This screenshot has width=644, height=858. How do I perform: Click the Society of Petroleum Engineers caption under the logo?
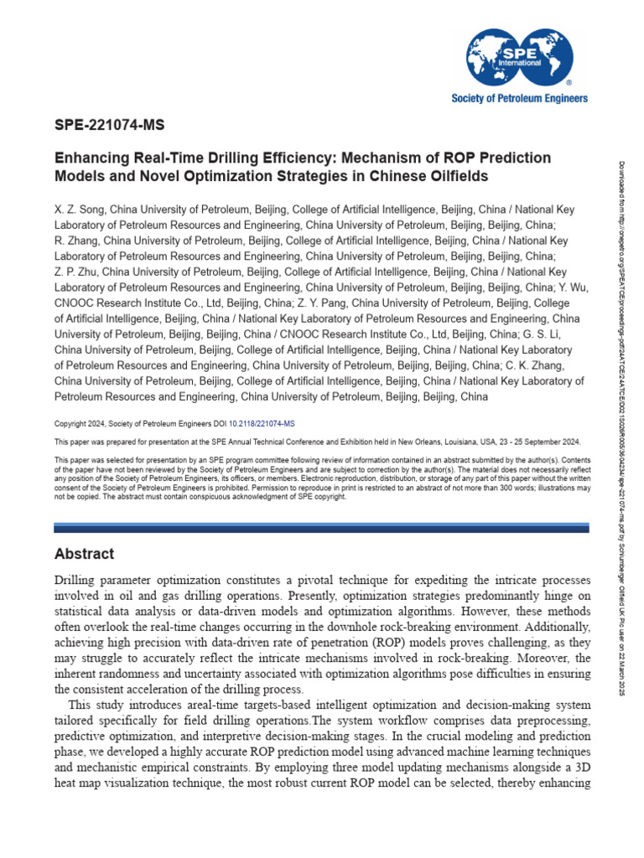(x=520, y=98)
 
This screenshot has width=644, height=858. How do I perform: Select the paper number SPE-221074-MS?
(x=109, y=127)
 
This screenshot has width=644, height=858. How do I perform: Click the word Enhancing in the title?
(x=89, y=158)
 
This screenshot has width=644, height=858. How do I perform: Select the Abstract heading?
(x=84, y=555)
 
